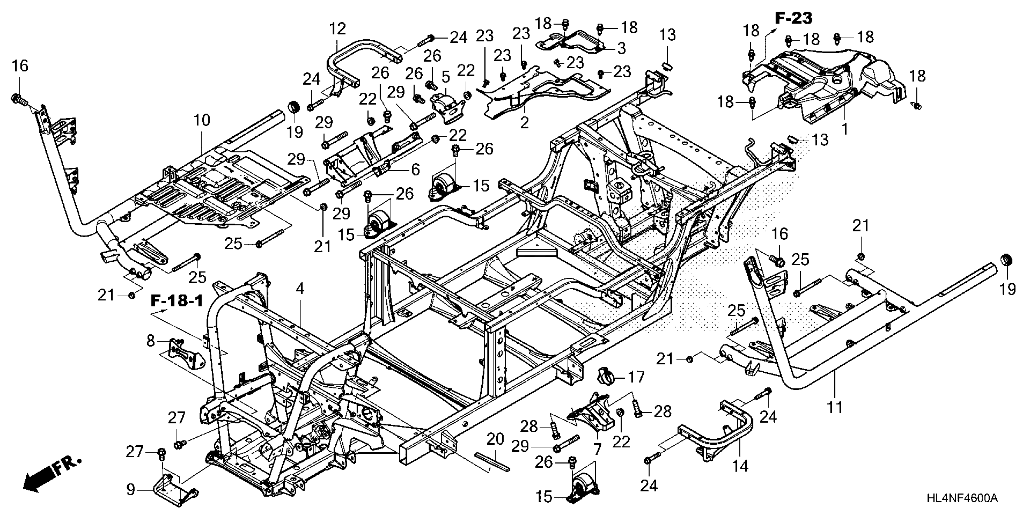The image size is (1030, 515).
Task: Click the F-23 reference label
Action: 794,18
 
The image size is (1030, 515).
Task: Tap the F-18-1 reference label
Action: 177,301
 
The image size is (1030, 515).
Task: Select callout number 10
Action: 202,120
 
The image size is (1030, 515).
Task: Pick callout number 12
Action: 338,29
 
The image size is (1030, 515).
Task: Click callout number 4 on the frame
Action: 300,289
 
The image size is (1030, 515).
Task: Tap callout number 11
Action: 835,407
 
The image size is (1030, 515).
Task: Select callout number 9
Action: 131,490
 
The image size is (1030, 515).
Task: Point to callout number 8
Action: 150,341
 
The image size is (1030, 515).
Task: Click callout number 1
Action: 845,129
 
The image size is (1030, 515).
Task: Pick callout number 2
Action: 524,122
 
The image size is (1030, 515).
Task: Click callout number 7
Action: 597,450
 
